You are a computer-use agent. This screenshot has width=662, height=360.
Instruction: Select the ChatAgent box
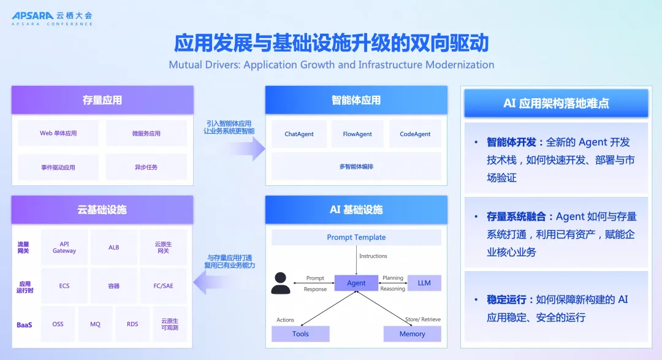(299, 134)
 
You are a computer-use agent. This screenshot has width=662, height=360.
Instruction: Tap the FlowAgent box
(357, 134)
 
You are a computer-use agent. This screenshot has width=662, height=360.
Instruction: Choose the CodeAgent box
(415, 134)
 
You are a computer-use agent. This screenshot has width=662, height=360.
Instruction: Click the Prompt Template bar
(356, 237)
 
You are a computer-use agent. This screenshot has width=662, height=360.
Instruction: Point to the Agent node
(356, 283)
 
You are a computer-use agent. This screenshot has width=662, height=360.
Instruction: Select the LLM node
(424, 283)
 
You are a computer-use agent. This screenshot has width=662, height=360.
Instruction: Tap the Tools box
(300, 334)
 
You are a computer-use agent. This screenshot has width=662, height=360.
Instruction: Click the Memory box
(412, 334)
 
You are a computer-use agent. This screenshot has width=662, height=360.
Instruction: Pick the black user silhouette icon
(281, 283)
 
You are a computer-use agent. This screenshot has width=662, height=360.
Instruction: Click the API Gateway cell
(64, 247)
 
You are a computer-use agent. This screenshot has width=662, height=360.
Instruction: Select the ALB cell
(114, 247)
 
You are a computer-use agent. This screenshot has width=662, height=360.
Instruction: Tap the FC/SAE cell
(163, 286)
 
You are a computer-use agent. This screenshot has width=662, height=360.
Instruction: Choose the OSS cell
(58, 324)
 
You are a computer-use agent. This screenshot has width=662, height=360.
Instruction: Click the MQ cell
(95, 324)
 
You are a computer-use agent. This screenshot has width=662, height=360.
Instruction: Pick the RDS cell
(132, 324)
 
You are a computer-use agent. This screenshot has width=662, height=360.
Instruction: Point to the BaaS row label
(24, 324)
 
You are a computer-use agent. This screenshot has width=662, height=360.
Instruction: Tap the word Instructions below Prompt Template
(373, 256)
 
